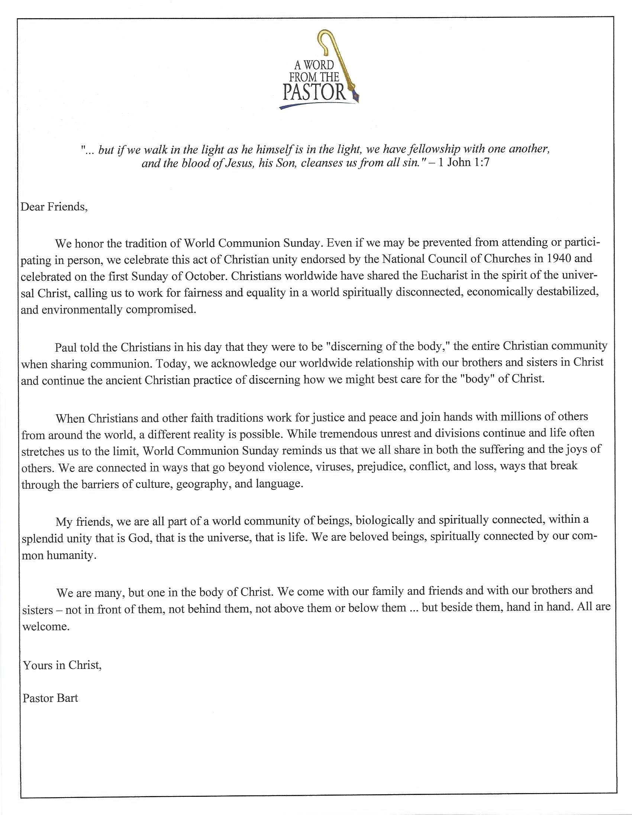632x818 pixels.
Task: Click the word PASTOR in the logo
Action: [314, 92]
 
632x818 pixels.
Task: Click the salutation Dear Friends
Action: [54, 206]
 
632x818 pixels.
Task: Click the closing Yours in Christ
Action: [62, 665]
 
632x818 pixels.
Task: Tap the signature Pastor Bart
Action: [50, 698]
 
